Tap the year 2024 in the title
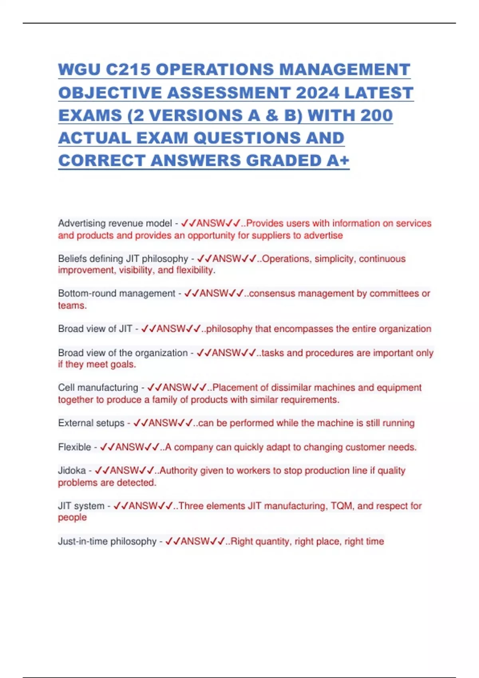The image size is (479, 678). click(317, 93)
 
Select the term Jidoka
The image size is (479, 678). click(72, 471)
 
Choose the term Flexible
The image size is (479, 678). click(74, 447)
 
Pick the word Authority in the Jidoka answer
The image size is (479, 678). click(178, 471)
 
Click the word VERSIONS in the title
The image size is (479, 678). click(196, 115)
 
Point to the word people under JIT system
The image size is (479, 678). click(72, 517)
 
